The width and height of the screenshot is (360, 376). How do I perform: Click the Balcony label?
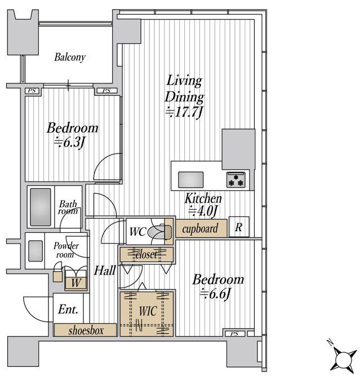click(70, 57)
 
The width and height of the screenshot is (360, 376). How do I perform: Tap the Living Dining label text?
click(184, 89)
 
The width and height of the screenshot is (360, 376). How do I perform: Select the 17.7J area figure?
click(185, 112)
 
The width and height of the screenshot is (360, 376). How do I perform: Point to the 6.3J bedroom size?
click(69, 143)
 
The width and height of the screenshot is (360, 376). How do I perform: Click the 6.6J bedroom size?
click(215, 294)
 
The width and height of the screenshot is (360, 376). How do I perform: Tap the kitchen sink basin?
click(191, 180)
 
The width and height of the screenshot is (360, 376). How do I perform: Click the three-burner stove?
click(236, 180)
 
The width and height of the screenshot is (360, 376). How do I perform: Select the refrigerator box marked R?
click(239, 227)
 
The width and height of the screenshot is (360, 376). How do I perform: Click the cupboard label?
click(200, 228)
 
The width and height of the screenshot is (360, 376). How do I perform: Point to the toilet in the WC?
click(159, 232)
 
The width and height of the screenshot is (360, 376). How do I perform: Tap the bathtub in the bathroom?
click(41, 207)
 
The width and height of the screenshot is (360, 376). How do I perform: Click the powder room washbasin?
click(35, 251)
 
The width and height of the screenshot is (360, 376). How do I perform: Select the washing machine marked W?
click(75, 283)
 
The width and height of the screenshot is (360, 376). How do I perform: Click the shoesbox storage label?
click(86, 331)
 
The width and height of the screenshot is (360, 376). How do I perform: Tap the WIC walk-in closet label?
click(148, 311)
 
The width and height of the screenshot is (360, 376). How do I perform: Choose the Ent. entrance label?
click(68, 309)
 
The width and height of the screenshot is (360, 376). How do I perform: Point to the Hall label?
click(105, 271)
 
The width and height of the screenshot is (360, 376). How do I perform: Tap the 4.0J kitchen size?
click(203, 211)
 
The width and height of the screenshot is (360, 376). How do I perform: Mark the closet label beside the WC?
click(146, 255)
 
